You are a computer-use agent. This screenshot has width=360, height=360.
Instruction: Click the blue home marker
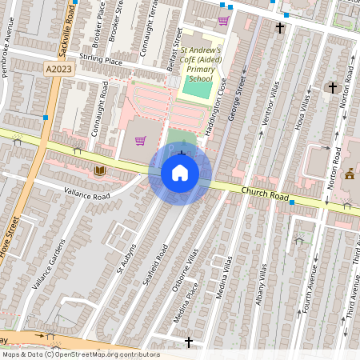(180, 173)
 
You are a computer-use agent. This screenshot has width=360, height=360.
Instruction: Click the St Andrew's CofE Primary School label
(199, 64)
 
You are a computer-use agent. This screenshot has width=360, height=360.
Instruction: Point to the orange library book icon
(100, 170)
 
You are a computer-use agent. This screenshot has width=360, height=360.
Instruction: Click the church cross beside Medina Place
(189, 342)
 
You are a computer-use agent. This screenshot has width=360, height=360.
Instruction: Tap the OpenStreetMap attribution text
(81, 354)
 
